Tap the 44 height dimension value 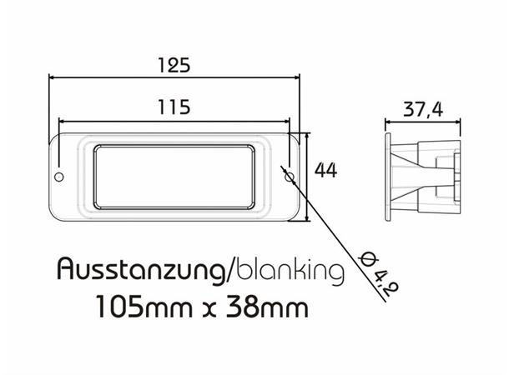[x=325, y=170]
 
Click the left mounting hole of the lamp [x=59, y=177]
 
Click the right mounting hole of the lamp [x=288, y=177]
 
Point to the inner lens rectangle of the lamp [x=174, y=177]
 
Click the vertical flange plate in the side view [x=388, y=175]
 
